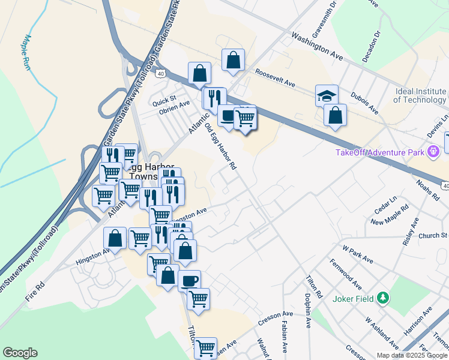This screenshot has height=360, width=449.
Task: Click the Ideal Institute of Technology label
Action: (x=420, y=95)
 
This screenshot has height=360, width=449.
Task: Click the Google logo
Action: (x=20, y=353)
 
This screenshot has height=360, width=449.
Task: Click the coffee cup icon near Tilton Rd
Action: (x=189, y=281)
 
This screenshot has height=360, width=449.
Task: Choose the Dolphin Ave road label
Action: (x=307, y=314)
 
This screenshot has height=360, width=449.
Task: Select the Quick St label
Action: (x=163, y=98)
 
